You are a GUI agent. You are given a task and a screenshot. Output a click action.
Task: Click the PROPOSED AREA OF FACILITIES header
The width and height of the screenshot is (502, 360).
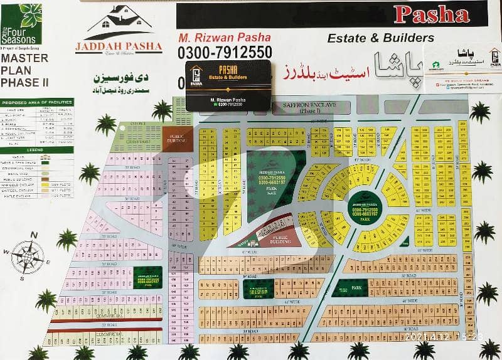[36, 102]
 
